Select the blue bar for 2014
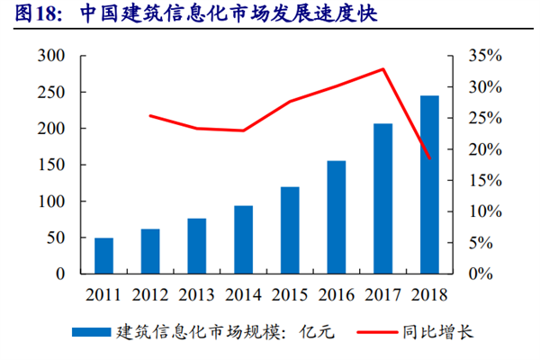click(244, 239)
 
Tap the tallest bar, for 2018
click(429, 184)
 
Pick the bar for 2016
click(337, 217)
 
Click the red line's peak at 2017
click(383, 68)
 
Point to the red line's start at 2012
click(150, 115)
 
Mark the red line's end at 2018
click(430, 159)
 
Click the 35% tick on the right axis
click(485, 56)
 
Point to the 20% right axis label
click(485, 149)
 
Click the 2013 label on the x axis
click(197, 295)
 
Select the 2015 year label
click(290, 295)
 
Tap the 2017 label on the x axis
click(383, 295)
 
